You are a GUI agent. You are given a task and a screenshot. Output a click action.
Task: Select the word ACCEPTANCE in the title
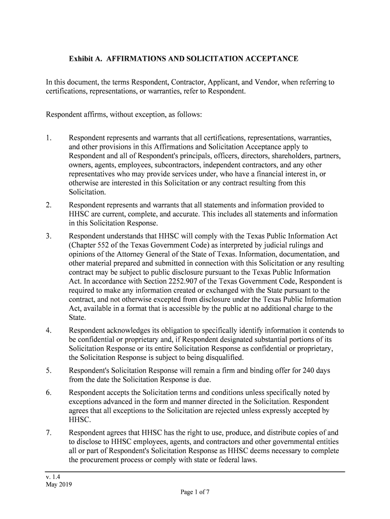(274, 59)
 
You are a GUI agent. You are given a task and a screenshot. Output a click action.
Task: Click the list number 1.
(48, 138)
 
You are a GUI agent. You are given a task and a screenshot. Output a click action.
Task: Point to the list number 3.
(48, 236)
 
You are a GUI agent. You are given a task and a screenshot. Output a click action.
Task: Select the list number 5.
(48, 370)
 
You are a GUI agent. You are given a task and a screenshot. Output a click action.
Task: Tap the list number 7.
(48, 433)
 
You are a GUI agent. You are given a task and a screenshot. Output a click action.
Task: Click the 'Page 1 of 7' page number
(195, 492)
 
